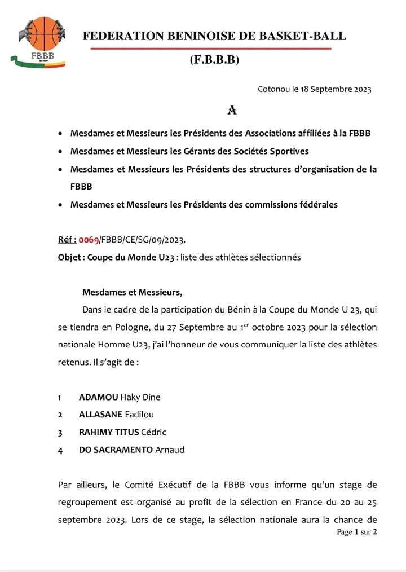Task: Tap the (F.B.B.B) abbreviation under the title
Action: point(215,60)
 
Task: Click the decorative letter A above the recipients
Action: point(231,111)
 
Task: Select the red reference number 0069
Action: point(89,240)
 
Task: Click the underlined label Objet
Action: point(69,257)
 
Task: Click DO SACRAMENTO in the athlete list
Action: point(116,450)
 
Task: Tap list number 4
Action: point(60,450)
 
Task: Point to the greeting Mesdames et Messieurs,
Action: point(133,292)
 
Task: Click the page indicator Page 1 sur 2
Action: point(356,532)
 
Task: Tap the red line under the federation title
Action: point(210,49)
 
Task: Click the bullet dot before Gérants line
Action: point(60,152)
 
